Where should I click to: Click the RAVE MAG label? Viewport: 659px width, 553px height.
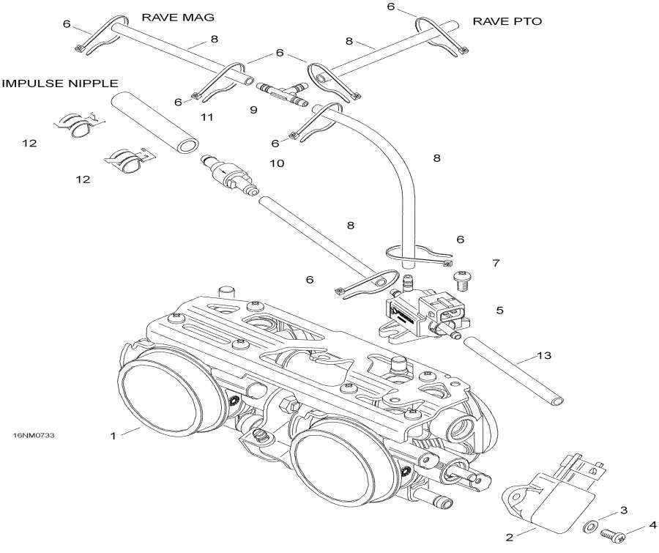point(172,16)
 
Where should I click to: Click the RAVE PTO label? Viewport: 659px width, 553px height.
point(507,21)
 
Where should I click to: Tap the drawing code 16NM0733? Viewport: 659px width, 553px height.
point(34,435)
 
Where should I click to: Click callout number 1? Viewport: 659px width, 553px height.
point(113,436)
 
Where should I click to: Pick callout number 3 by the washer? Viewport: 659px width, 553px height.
point(623,510)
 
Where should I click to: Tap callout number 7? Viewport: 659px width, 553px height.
point(496,261)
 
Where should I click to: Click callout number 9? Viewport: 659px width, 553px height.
point(253,110)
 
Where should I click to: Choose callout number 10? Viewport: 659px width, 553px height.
point(276,163)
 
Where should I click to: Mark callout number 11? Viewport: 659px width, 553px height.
point(206,117)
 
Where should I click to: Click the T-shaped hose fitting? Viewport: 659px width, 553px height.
point(283,92)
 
